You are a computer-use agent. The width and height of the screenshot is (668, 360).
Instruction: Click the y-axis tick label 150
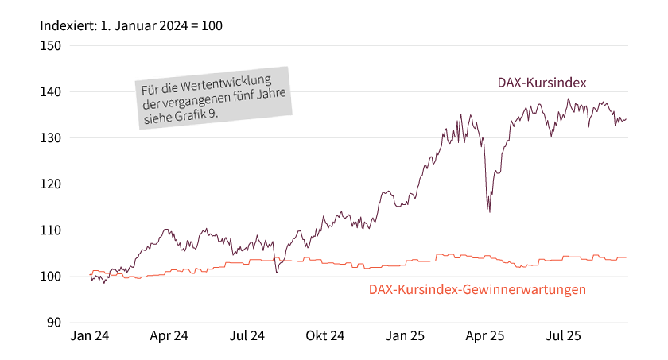coord(51,45)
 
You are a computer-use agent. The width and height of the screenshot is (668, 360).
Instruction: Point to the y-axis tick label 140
coord(51,91)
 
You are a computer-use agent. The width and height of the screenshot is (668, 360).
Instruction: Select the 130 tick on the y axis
coord(51,137)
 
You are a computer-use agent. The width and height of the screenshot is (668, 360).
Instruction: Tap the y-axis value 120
coord(51,184)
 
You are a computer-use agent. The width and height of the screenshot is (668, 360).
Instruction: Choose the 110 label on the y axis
coord(51,230)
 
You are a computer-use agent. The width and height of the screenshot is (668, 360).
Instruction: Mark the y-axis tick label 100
coord(51,277)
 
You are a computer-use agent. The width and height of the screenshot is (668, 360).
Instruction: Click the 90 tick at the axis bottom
coord(54,323)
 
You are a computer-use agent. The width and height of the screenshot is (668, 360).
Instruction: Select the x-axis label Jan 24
coord(90,336)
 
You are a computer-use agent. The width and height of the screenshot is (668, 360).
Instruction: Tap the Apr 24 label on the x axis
coord(169,336)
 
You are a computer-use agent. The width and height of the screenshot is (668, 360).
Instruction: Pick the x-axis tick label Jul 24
coord(247,336)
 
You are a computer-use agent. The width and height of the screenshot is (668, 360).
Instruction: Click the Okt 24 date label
coord(325,336)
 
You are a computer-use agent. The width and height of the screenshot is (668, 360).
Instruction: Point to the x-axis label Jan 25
coord(405,336)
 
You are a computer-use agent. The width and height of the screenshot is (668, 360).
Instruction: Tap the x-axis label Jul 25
coord(562,336)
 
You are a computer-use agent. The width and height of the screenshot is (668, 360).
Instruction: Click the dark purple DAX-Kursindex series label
coord(542,83)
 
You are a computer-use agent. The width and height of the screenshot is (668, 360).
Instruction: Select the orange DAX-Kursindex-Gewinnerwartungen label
coord(477,290)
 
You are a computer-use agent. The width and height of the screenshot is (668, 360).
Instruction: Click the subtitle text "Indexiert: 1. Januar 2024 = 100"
coord(131,25)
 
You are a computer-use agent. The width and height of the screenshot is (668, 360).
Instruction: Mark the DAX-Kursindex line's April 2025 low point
coord(489,211)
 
